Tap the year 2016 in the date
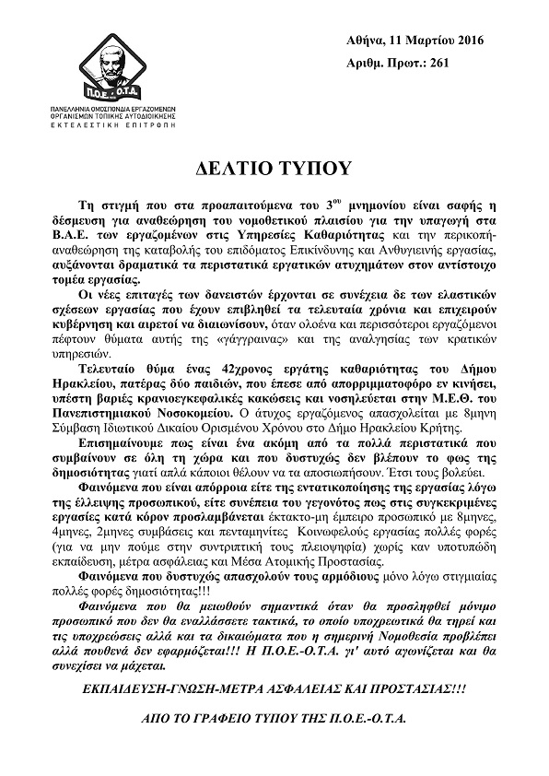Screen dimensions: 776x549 tap(467, 41)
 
